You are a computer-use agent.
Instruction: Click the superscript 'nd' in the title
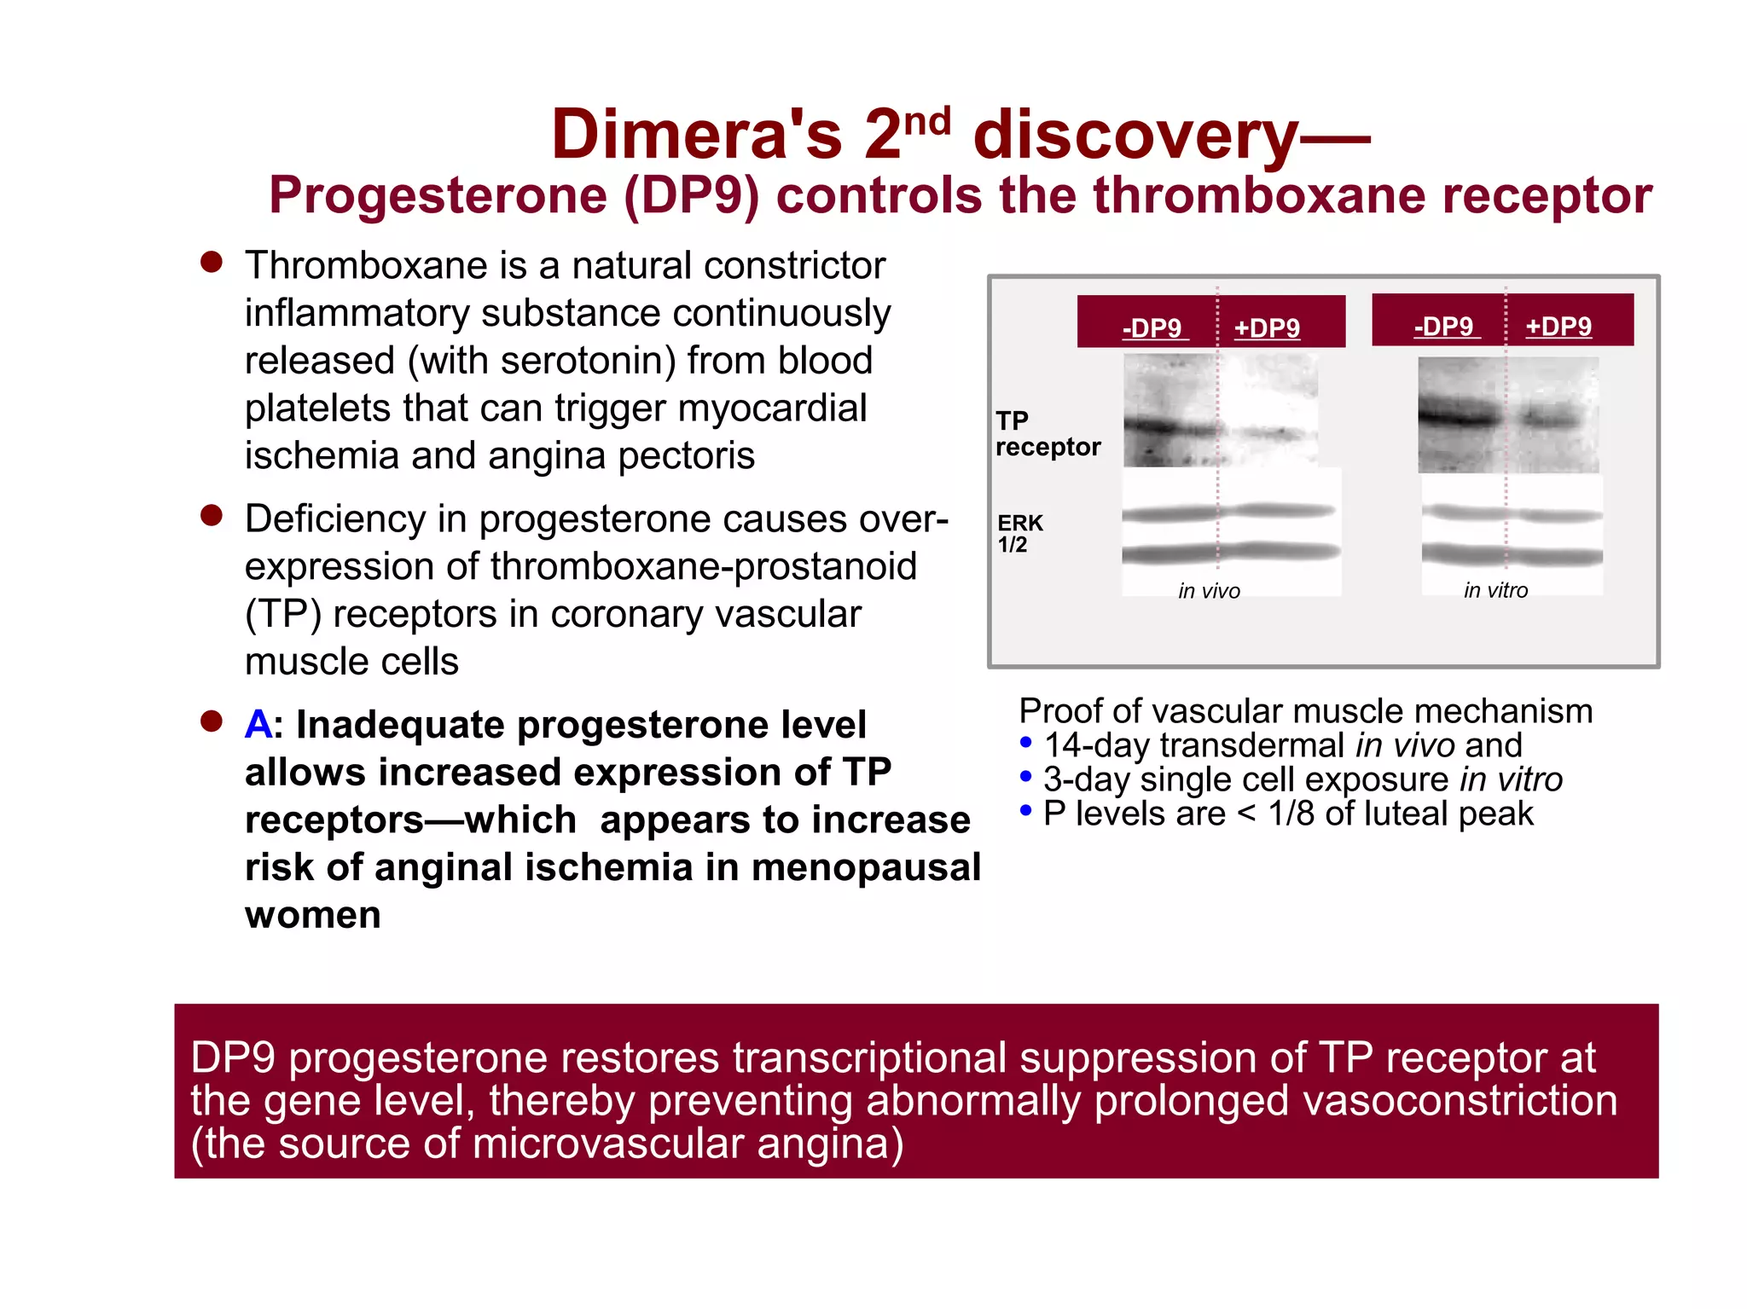click(927, 122)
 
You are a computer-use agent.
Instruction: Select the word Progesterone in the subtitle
click(438, 195)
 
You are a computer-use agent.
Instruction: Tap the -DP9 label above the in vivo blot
click(1153, 327)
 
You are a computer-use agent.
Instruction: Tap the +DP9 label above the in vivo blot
click(1267, 327)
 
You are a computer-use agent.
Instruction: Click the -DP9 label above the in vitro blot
click(1444, 326)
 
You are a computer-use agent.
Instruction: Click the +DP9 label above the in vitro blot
click(1558, 326)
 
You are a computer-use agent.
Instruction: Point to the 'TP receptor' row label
click(1047, 433)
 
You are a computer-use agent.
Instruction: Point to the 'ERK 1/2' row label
click(1020, 533)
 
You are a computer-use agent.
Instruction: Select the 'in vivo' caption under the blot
click(1209, 591)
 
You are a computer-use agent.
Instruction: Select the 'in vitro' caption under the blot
click(1495, 590)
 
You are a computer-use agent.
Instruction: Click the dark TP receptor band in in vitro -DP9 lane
click(1459, 415)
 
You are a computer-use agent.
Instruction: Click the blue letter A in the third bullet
click(258, 725)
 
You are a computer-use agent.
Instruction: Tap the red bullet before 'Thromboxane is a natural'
click(212, 262)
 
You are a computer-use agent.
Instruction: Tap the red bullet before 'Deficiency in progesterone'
click(212, 515)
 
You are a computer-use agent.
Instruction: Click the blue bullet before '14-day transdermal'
click(1026, 743)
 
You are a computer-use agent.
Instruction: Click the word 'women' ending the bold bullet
click(312, 915)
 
